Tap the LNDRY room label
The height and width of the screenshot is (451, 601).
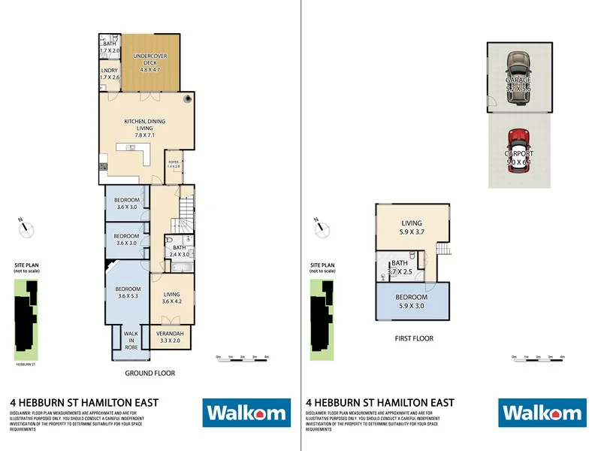click(110, 73)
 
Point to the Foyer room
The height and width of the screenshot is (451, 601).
click(174, 165)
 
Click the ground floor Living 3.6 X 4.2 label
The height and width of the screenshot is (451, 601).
click(172, 298)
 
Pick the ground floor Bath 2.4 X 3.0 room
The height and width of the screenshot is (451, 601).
click(179, 251)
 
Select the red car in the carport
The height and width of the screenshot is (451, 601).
click(519, 150)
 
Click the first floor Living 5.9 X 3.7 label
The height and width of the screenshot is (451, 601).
click(411, 227)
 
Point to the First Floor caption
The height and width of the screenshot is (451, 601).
click(414, 338)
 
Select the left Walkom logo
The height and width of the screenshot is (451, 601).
click(246, 412)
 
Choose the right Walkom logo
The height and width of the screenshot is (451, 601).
click(541, 412)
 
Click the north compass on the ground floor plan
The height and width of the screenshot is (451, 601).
click(27, 228)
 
